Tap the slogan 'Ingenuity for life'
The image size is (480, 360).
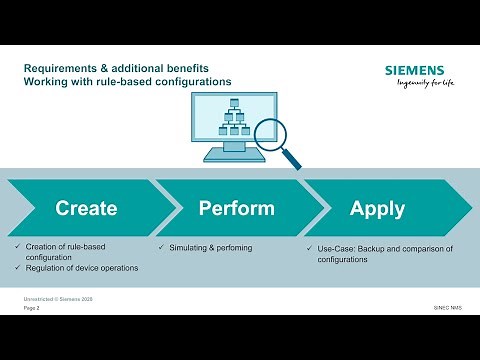tap(419, 85)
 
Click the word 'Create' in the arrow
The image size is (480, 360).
tap(86, 208)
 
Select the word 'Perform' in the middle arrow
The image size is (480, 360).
tap(236, 208)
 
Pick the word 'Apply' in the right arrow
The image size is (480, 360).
tap(377, 208)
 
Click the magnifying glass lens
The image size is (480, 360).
tap(269, 133)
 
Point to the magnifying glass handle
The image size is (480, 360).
tap(292, 159)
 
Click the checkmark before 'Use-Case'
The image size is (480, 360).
tap(308, 247)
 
